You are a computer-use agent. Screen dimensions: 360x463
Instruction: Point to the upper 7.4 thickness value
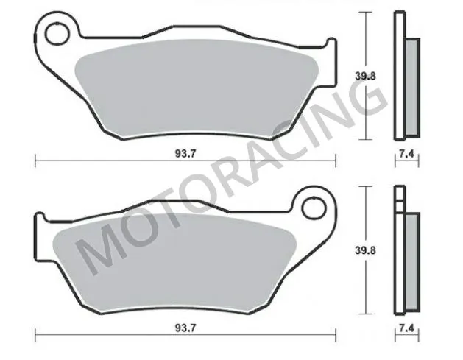pyautogui.click(x=406, y=154)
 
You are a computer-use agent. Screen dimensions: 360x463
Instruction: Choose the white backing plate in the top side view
pyautogui.click(x=399, y=74)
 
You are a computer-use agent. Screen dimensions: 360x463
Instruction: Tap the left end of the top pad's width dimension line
pyautogui.click(x=35, y=160)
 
